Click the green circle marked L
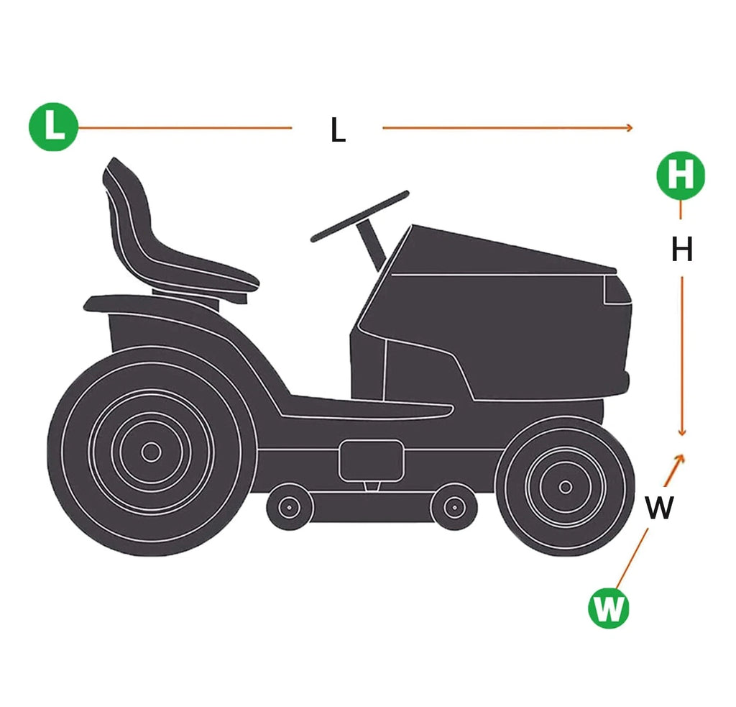tap(53, 127)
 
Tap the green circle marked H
tap(681, 175)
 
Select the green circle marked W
tap(608, 608)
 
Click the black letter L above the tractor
tap(338, 129)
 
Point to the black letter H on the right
tap(682, 250)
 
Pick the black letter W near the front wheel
tap(659, 507)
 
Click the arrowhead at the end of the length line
tap(630, 127)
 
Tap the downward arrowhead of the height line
tap(682, 432)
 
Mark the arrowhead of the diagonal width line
tap(679, 459)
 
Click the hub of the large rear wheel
tap(151, 452)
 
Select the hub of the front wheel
tap(566, 487)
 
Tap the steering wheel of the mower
tap(360, 216)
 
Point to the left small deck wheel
tap(289, 507)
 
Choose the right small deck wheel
tap(454, 507)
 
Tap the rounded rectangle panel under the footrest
tap(372, 460)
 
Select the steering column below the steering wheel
tap(372, 245)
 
